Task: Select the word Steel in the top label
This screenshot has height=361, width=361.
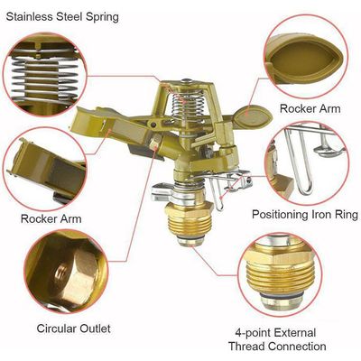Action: (69, 16)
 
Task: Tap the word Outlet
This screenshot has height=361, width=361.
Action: (97, 329)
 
